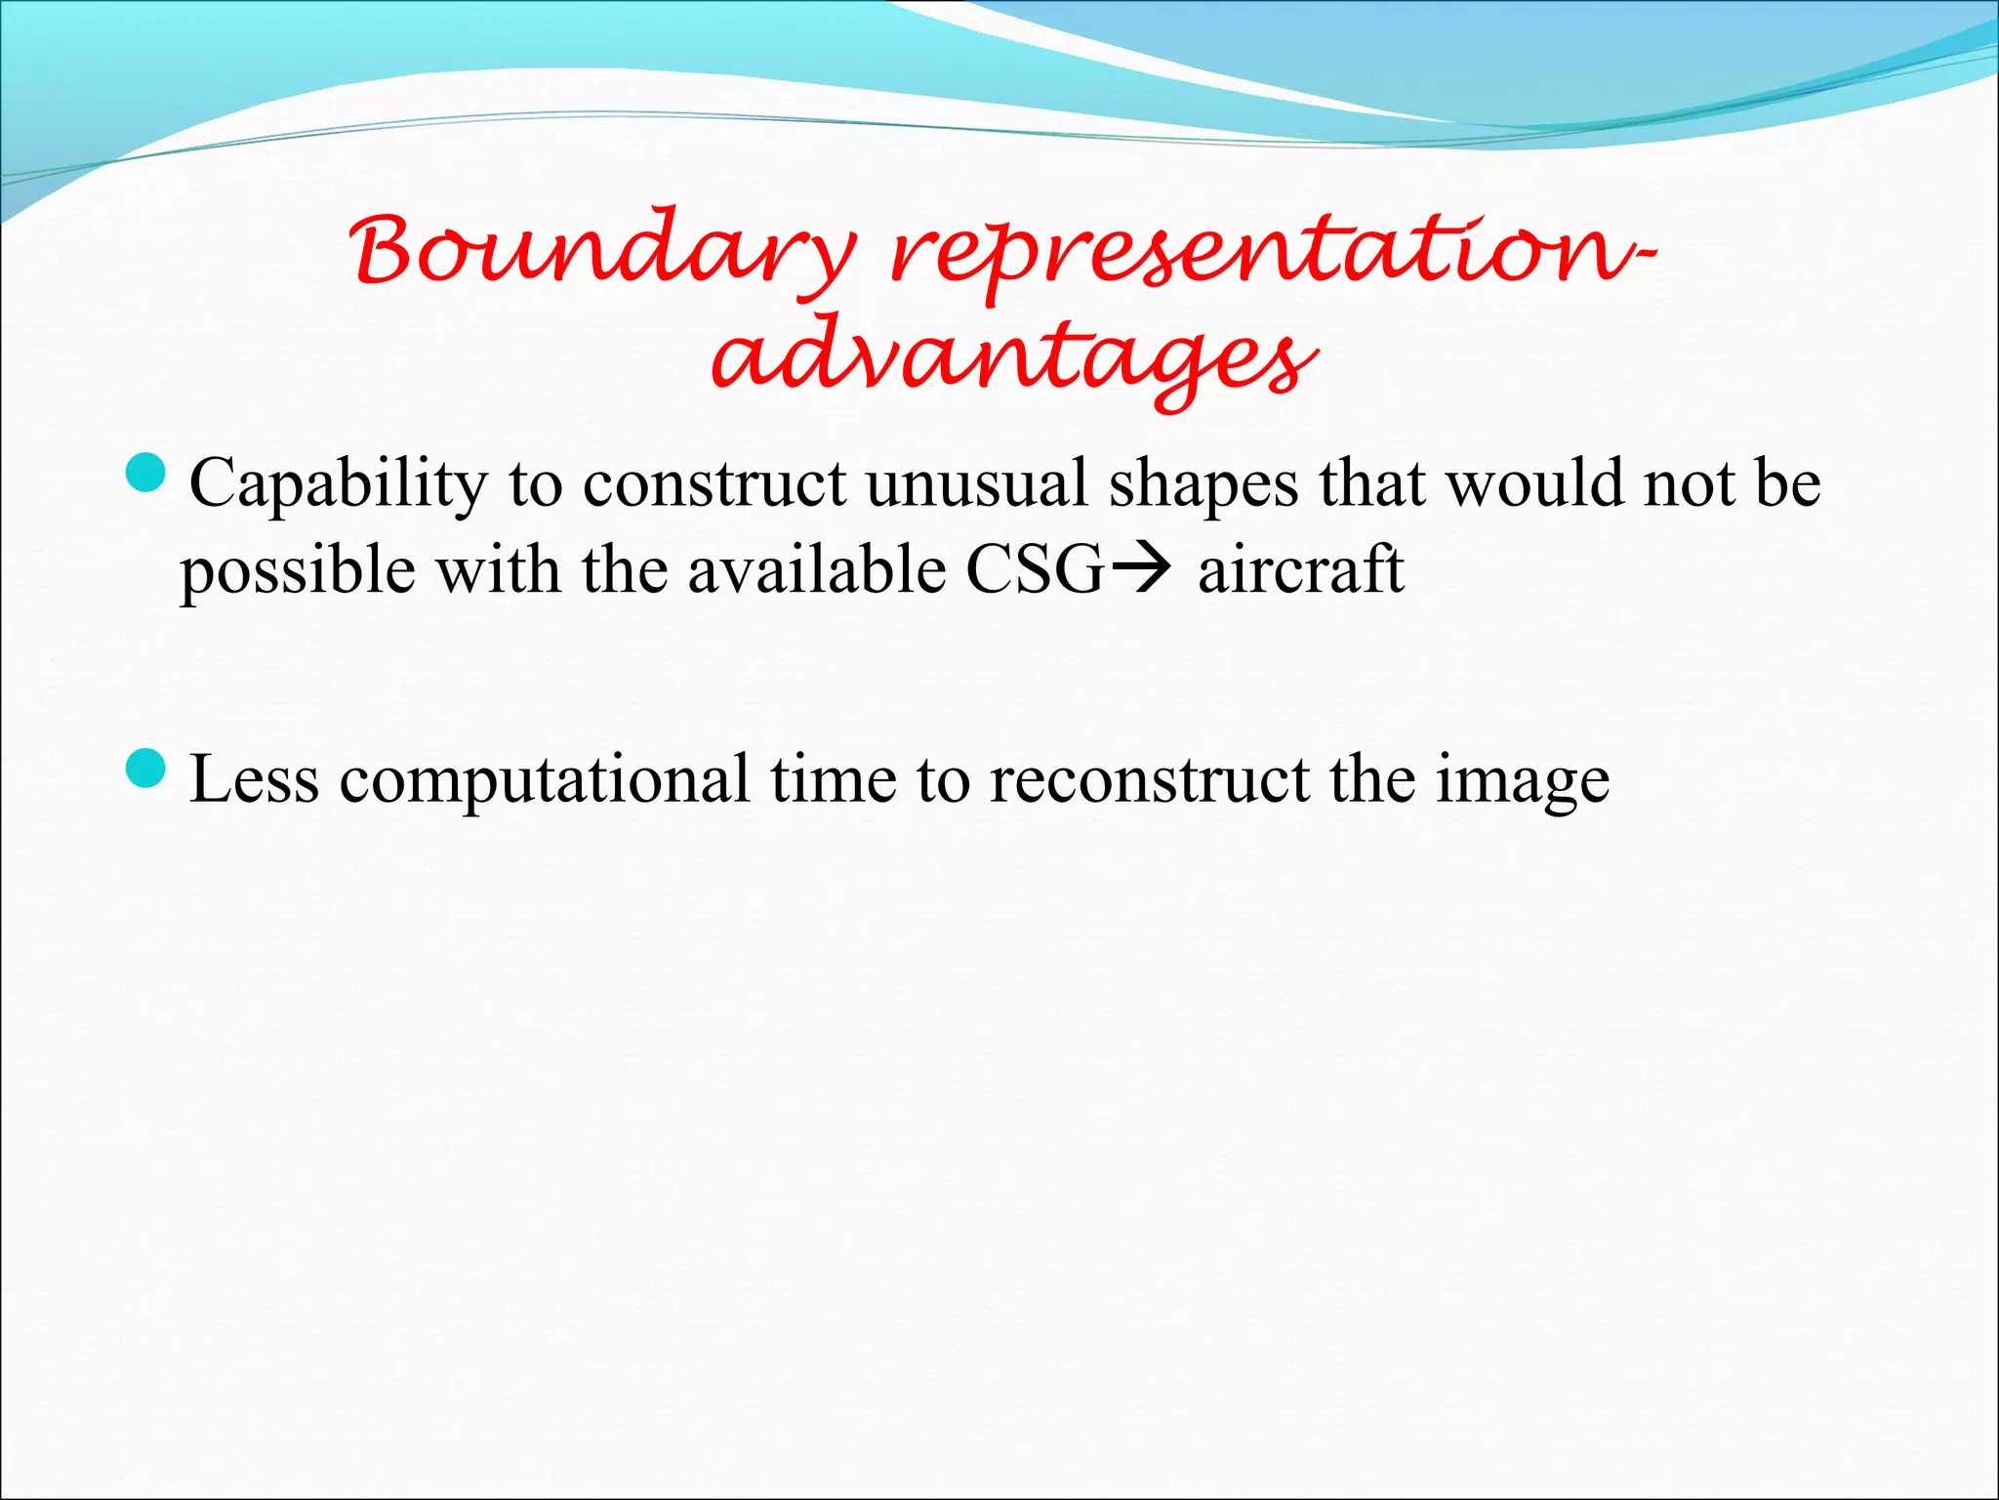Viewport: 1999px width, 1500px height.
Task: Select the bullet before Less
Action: click(x=147, y=769)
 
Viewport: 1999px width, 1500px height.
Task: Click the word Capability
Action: click(x=338, y=484)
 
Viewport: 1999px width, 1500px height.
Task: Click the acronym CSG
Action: click(x=1035, y=569)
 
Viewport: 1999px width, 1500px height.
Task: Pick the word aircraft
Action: click(x=1300, y=569)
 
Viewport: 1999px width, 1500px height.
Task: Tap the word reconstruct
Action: click(x=1149, y=780)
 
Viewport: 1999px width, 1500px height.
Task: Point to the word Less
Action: click(x=254, y=779)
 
